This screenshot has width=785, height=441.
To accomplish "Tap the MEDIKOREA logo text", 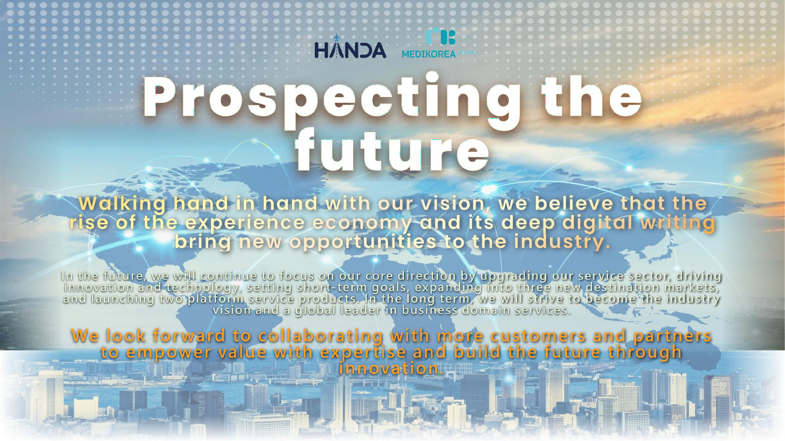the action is coord(428,54).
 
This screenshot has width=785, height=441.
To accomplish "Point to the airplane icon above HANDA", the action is coord(336,38).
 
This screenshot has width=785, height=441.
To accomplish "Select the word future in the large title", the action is coord(392,150).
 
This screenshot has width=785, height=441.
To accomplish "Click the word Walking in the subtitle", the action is coord(122,204).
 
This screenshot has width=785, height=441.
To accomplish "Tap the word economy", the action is coord(362,223).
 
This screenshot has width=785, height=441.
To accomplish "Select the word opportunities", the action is coord(363,242).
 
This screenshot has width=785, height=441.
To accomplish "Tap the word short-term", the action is coord(332,287).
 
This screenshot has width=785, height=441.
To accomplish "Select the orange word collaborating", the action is coord(321,336).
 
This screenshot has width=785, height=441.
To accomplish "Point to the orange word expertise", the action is coord(363,352).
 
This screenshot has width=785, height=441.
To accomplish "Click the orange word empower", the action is coord(168,352).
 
